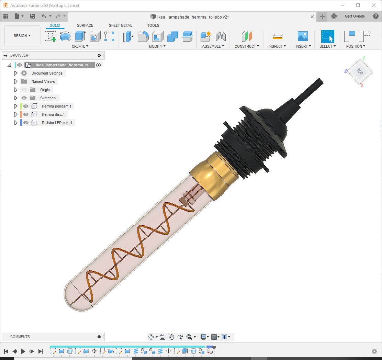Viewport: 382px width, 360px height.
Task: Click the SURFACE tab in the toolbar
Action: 85,25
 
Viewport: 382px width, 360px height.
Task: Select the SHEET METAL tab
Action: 120,25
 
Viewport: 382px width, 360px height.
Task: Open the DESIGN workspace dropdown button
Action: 22,36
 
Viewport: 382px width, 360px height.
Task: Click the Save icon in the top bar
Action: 32,16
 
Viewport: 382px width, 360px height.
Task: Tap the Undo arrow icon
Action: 44,16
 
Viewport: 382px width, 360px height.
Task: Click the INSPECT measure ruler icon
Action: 278,36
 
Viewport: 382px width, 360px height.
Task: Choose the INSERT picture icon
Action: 303,36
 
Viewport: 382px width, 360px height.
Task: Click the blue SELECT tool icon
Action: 327,36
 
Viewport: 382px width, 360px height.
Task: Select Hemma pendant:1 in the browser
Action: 56,106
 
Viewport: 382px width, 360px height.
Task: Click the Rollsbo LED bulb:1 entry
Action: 57,123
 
